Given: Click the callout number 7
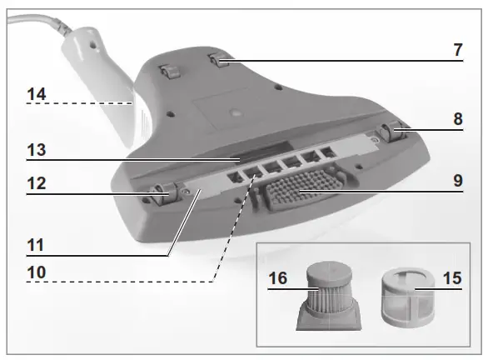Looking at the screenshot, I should pyautogui.click(x=457, y=49).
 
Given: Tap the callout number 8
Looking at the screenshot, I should pyautogui.click(x=457, y=119).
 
